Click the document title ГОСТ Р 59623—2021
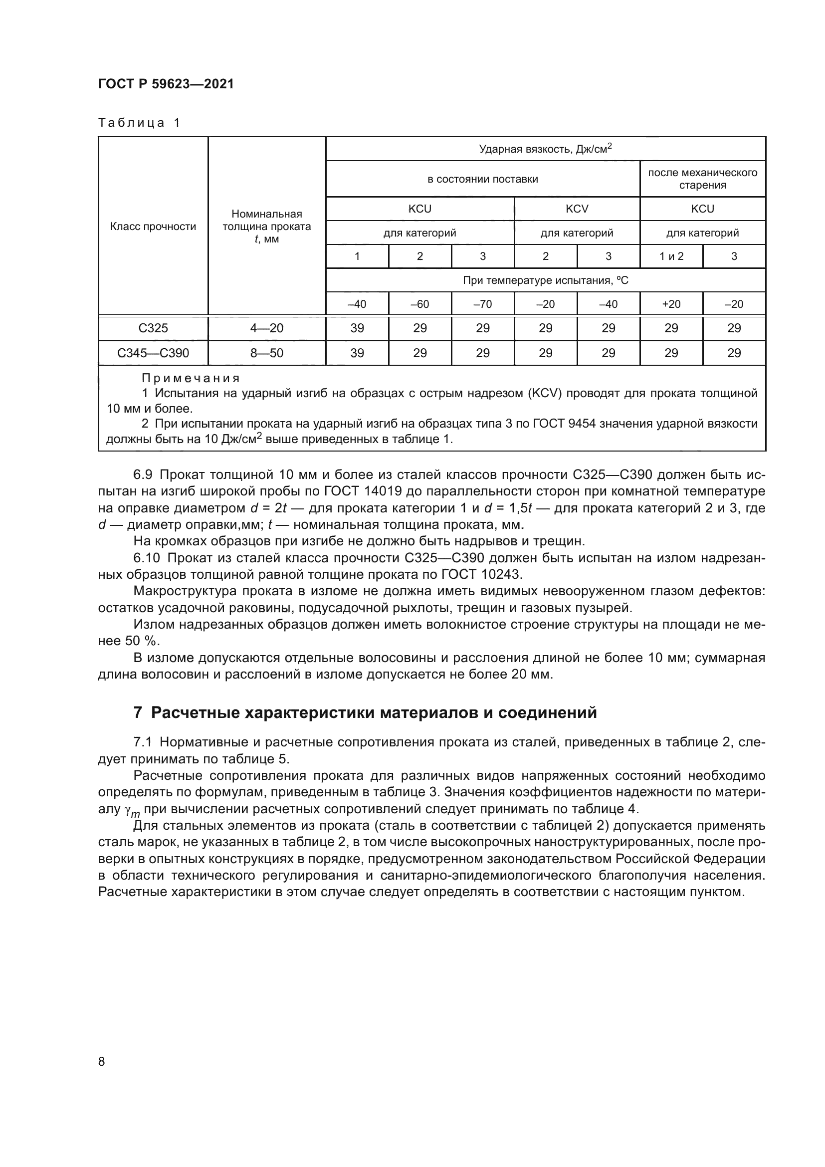[166, 84]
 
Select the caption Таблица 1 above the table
[139, 123]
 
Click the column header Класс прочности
[153, 227]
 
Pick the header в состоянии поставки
[482, 179]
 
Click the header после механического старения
[702, 179]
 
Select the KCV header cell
[577, 209]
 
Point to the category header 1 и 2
[671, 256]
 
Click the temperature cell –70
[482, 304]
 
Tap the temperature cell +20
[671, 304]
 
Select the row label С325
[153, 328]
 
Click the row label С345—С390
[153, 353]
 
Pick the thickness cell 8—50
[267, 353]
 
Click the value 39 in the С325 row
[357, 328]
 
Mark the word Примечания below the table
[191, 378]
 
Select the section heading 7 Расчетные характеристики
[365, 712]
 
